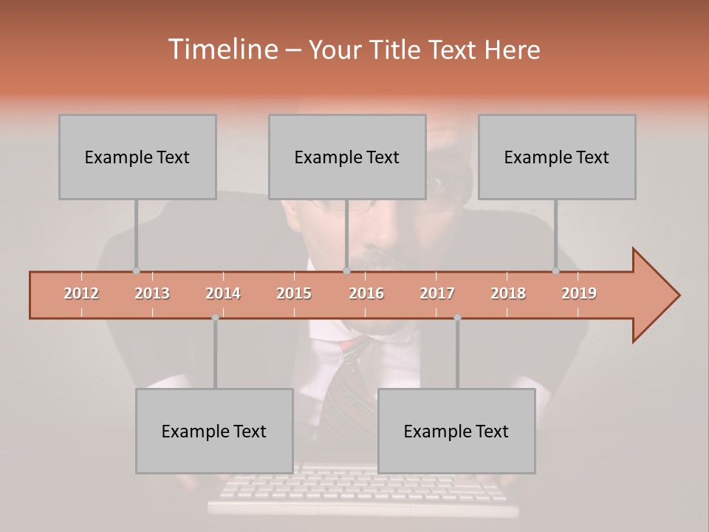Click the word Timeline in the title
click(222, 50)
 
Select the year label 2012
click(81, 293)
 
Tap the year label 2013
click(152, 293)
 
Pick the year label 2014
click(223, 293)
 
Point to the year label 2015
click(294, 293)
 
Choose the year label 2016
click(366, 293)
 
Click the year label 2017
click(437, 293)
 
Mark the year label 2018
click(508, 293)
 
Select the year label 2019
click(579, 293)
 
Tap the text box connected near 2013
click(137, 157)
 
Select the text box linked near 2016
click(347, 157)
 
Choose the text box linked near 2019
click(557, 157)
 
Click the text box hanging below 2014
click(214, 432)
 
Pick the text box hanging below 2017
click(456, 432)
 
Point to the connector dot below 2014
click(215, 318)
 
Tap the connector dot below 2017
click(457, 318)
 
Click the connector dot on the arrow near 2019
click(555, 271)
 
